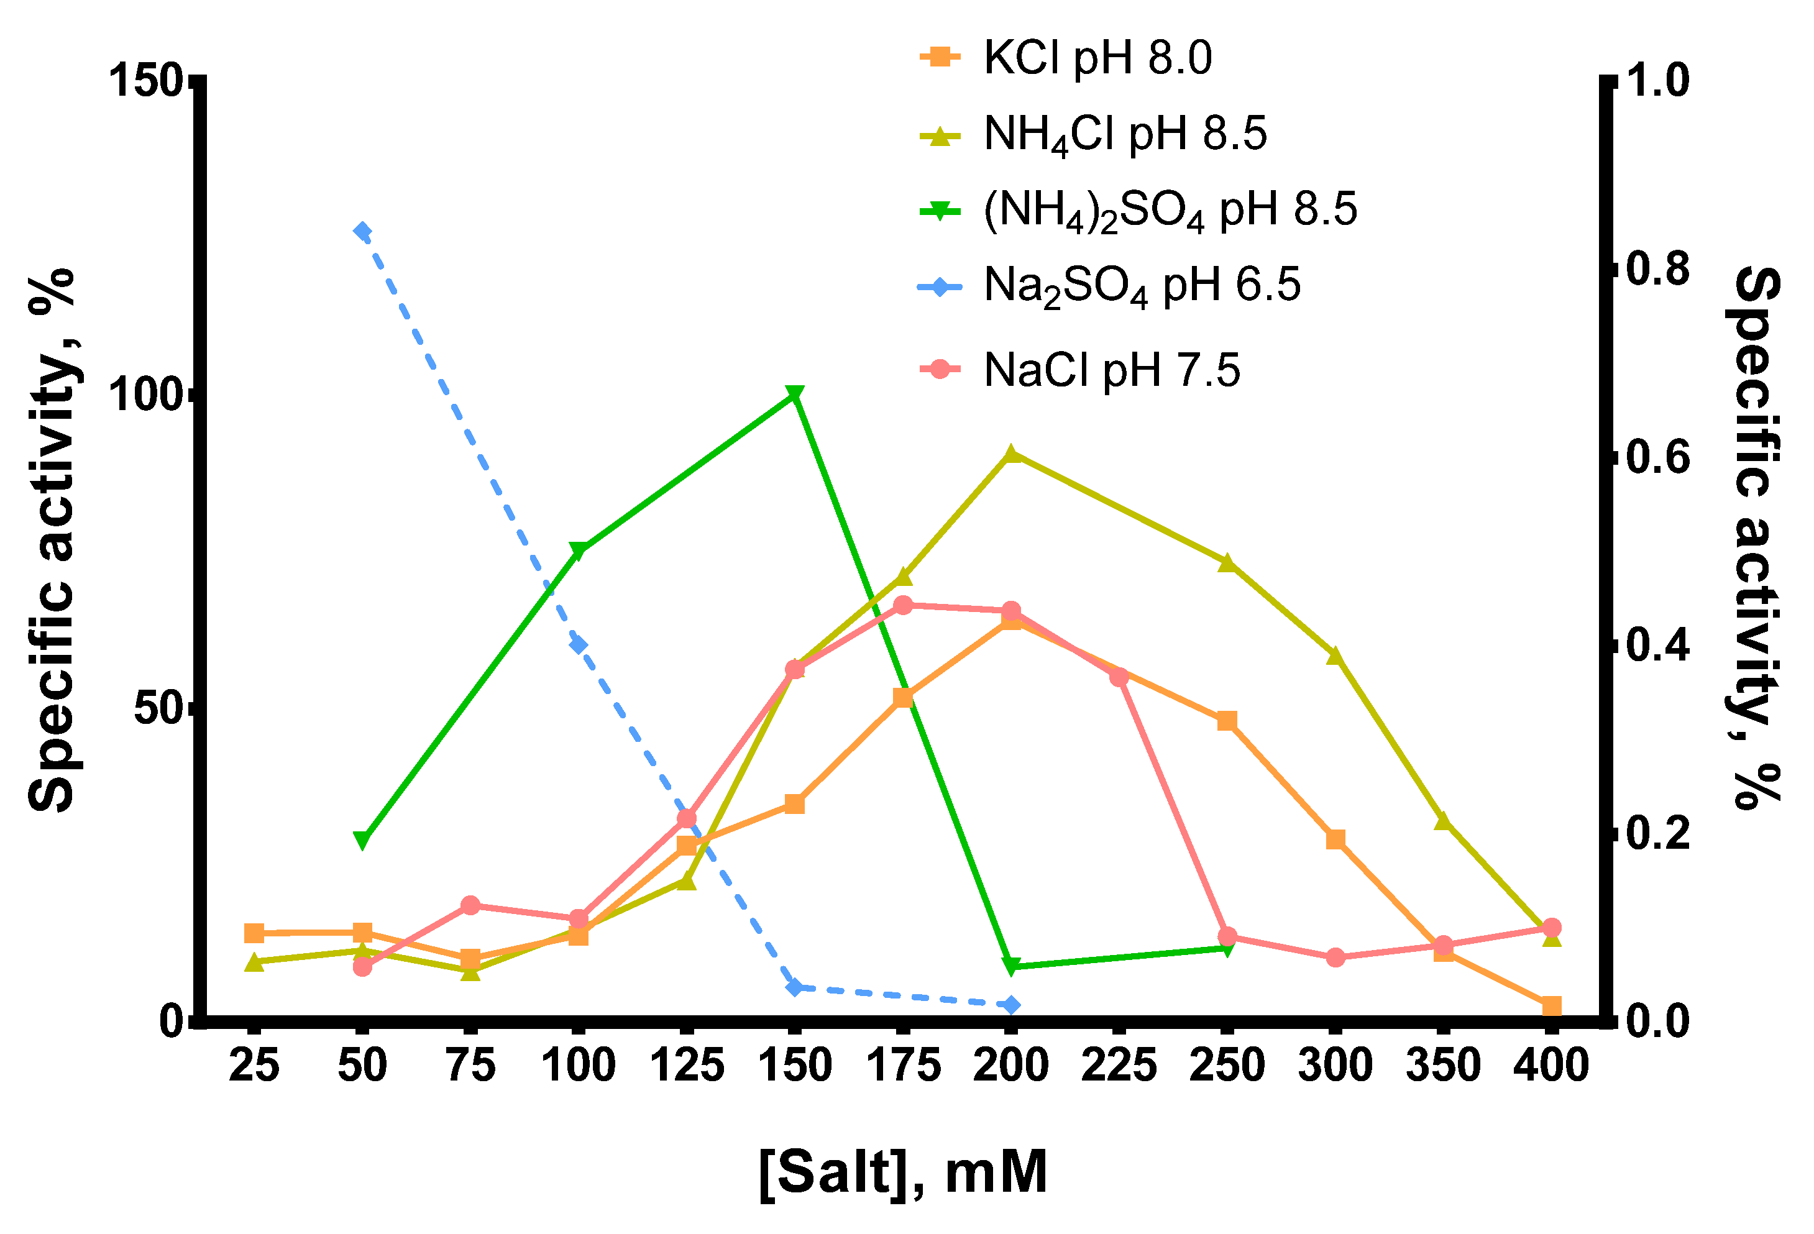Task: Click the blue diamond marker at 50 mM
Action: pyautogui.click(x=362, y=231)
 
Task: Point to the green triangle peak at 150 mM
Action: pyautogui.click(x=795, y=394)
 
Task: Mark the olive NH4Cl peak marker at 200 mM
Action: pyautogui.click(x=1012, y=454)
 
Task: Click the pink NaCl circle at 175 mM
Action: pyautogui.click(x=903, y=605)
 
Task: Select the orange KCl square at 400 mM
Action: pyautogui.click(x=1552, y=1006)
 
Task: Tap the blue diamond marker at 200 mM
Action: pyautogui.click(x=1012, y=1005)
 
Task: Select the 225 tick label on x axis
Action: pyautogui.click(x=1119, y=1066)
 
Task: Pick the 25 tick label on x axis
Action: pyautogui.click(x=254, y=1066)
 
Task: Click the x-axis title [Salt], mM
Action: pyautogui.click(x=902, y=1172)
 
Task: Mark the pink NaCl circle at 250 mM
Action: pyautogui.click(x=1227, y=936)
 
